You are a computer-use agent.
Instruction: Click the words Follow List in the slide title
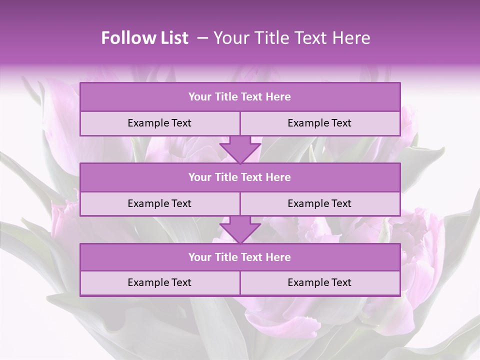145,38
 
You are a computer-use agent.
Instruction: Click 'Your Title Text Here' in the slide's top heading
292,38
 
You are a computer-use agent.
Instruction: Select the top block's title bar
240,97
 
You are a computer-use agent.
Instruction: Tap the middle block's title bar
240,177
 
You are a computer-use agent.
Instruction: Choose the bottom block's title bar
240,257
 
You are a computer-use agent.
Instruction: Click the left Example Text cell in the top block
159,123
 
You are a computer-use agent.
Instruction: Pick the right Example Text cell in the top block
319,123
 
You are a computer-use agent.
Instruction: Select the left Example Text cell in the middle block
159,204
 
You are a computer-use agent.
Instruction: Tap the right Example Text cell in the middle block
319,204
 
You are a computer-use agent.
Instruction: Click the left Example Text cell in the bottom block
159,283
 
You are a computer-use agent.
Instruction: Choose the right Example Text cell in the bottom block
319,283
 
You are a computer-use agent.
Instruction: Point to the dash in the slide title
202,38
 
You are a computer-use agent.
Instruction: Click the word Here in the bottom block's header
278,257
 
